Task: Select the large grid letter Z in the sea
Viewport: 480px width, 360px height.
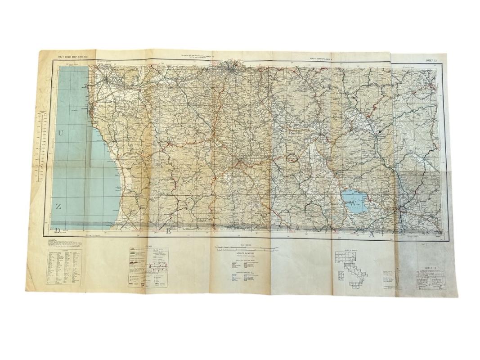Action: point(58,207)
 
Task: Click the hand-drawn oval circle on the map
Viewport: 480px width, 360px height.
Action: point(292,158)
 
